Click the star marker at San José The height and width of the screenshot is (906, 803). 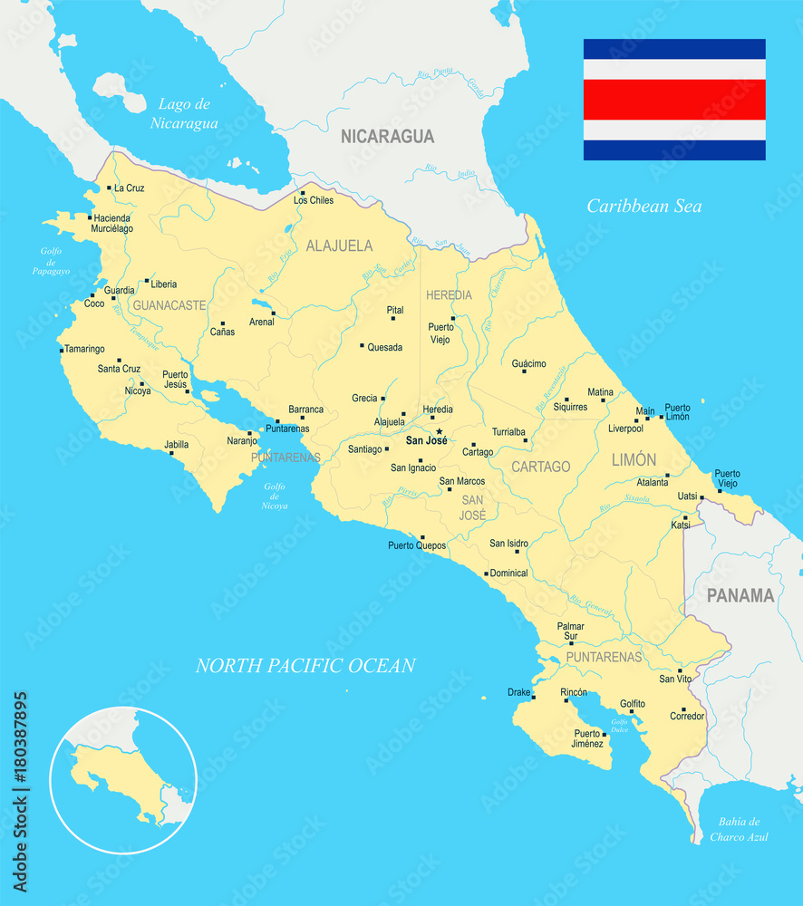click(439, 431)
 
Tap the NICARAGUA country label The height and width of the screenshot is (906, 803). click(387, 137)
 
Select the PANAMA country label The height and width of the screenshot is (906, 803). click(740, 595)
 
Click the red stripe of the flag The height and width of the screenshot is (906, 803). click(674, 100)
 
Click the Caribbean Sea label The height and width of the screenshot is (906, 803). click(643, 207)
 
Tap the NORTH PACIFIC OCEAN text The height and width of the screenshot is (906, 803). click(305, 666)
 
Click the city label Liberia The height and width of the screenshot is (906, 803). click(164, 284)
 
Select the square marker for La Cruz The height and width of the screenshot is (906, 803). click(109, 188)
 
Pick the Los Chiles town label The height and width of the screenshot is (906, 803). click(314, 200)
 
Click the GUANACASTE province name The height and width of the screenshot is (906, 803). click(169, 306)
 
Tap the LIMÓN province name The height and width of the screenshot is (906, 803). click(634, 460)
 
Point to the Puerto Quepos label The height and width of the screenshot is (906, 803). click(417, 545)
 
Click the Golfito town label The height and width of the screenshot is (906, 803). click(633, 703)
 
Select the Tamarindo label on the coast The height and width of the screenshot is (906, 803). click(84, 349)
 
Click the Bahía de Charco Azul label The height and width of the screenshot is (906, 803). click(739, 828)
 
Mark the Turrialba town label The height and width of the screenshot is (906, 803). click(508, 432)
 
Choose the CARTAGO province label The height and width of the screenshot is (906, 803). click(541, 467)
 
